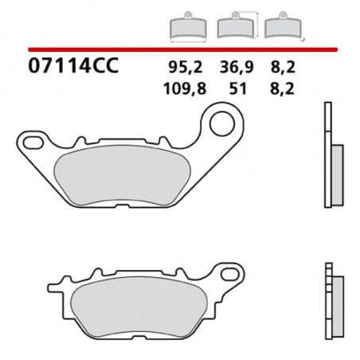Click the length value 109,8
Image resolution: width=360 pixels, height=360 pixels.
click(184, 89)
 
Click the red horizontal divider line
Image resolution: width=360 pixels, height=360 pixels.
click(179, 48)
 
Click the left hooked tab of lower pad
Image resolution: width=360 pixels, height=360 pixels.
click(57, 284)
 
